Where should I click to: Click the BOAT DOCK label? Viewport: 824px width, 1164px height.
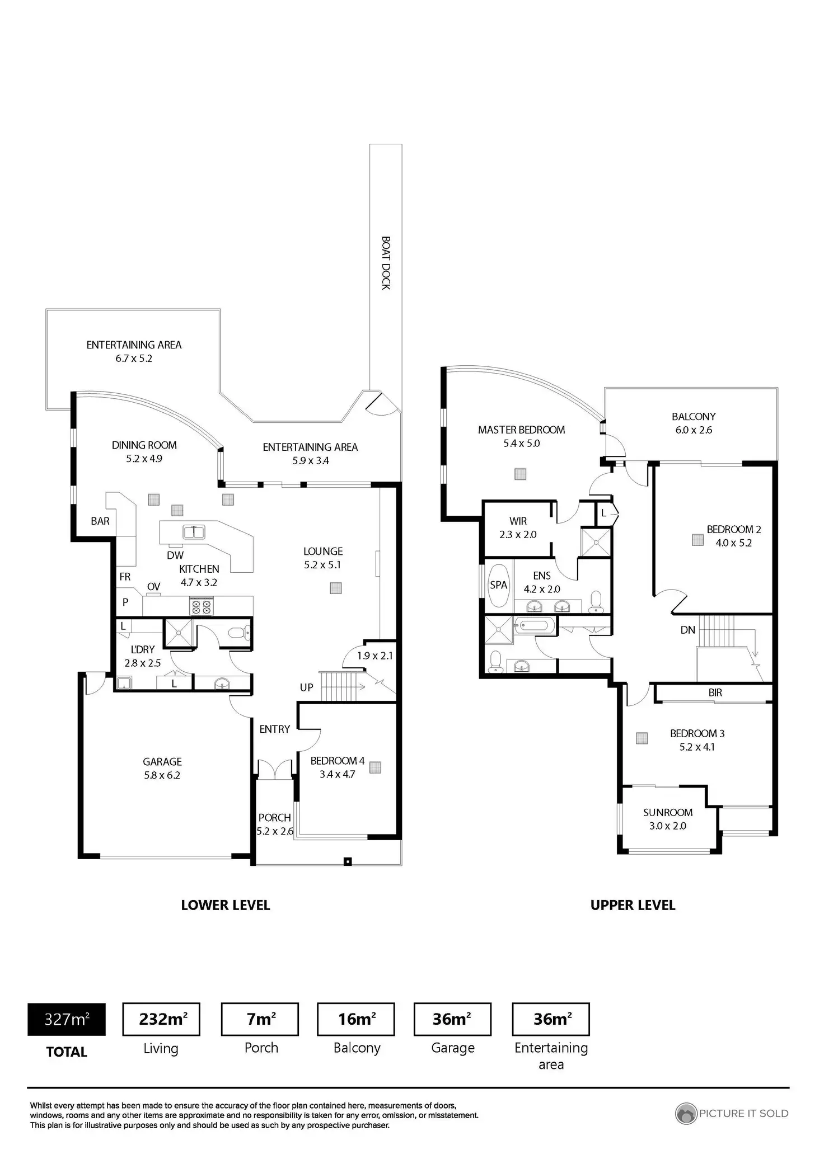pos(386,263)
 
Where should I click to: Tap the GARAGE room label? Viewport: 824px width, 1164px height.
pos(162,761)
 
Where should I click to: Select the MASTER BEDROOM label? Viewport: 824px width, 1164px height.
pos(521,430)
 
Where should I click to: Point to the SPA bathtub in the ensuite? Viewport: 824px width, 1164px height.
pos(498,586)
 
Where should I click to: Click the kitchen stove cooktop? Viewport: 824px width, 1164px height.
pos(201,607)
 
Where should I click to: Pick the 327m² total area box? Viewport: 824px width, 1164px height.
pos(67,1020)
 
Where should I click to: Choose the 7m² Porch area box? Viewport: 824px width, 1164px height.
pos(260,1019)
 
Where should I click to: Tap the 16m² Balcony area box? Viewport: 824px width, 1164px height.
pos(356,1019)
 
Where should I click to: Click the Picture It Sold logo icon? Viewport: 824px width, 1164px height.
pos(686,1113)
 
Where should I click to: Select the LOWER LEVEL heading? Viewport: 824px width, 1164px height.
pos(226,905)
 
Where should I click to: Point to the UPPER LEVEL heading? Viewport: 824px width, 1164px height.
pos(633,905)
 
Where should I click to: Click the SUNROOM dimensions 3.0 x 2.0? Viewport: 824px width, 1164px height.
pos(667,826)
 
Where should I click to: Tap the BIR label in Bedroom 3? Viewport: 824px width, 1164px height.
pos(715,692)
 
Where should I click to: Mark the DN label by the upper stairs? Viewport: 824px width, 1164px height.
pos(687,630)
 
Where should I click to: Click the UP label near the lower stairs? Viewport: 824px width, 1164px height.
pos(306,687)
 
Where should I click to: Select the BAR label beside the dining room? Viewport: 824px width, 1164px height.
pos(100,521)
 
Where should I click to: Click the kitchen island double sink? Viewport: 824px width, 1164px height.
pos(194,531)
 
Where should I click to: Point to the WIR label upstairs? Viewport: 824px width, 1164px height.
pos(518,521)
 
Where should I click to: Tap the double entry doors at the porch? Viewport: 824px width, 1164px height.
pos(275,769)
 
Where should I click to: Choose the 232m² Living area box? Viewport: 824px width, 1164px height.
pos(161,1019)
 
